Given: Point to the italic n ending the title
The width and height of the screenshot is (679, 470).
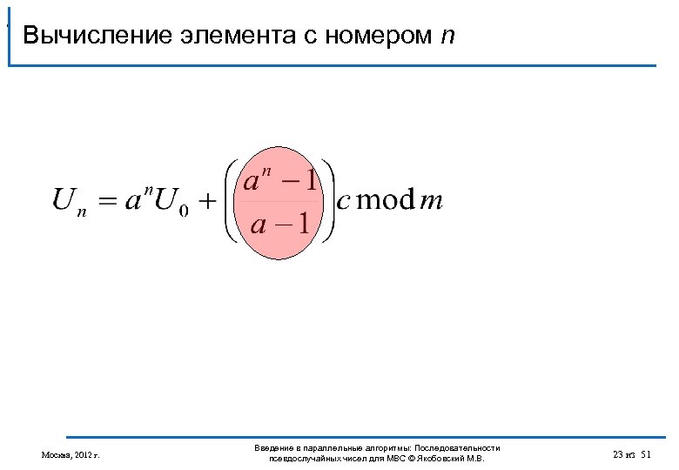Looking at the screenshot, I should click(447, 37).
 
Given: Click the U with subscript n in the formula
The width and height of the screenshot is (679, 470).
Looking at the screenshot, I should click(70, 202).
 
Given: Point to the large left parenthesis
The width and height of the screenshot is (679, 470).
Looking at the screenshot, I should click(232, 201).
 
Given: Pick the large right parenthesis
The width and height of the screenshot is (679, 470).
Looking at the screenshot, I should click(329, 201).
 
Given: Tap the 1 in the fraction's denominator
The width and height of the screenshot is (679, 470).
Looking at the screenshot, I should click(302, 225).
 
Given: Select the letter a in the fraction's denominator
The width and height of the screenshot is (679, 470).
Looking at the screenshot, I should click(259, 225).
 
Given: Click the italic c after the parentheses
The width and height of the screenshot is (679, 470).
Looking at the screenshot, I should click(344, 202).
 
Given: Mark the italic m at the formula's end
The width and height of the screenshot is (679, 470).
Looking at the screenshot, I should click(431, 202).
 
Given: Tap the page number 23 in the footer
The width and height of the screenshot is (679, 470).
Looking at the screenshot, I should click(618, 454).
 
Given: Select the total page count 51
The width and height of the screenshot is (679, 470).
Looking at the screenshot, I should click(645, 454).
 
